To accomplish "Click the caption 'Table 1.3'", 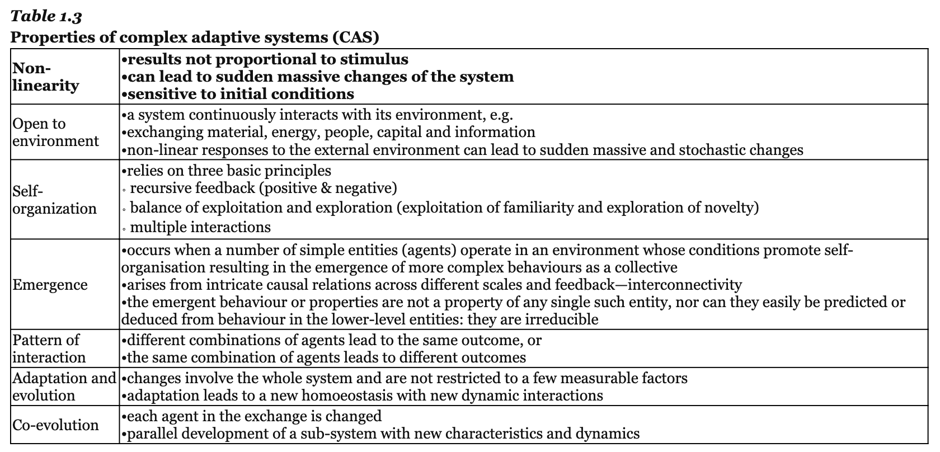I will (46, 16).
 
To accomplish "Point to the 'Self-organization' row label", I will (54, 200).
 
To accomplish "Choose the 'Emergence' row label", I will (50, 285).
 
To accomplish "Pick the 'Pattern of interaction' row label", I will (49, 349).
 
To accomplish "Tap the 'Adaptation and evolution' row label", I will (64, 387).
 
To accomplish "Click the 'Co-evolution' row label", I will (55, 425).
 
